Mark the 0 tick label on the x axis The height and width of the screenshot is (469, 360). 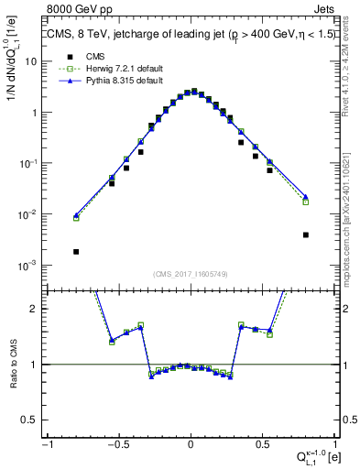coord(191,446)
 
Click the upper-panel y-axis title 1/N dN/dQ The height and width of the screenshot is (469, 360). coord(13,73)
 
